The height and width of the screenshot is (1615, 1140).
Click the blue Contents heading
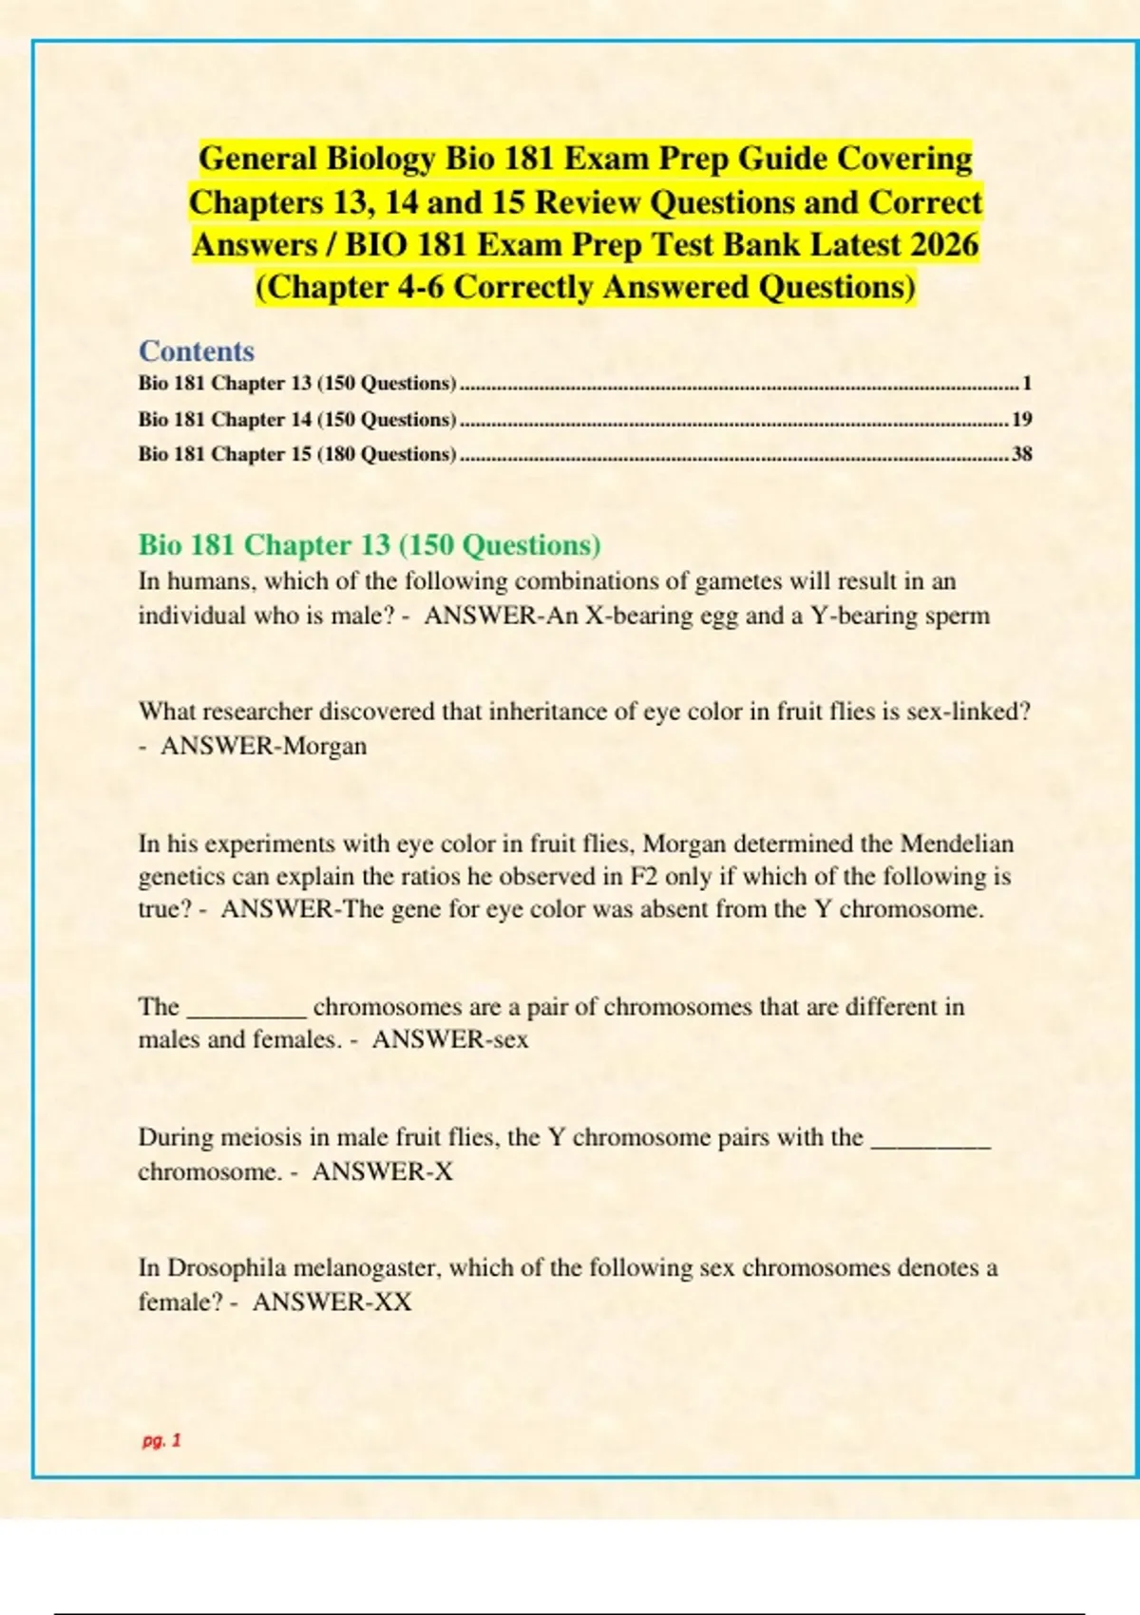point(197,351)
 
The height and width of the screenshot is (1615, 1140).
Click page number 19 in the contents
point(1022,419)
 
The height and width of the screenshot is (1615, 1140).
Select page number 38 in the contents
point(1022,454)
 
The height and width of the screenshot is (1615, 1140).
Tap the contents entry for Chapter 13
point(297,384)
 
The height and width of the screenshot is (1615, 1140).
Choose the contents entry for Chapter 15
point(297,454)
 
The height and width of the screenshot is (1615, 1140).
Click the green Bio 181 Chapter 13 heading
point(370,545)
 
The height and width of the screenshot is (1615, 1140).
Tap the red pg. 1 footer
point(161,1440)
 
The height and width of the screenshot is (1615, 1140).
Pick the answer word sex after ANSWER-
point(508,1039)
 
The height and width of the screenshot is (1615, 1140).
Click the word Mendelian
point(957,844)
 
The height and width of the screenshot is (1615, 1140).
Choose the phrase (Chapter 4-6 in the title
point(351,287)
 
